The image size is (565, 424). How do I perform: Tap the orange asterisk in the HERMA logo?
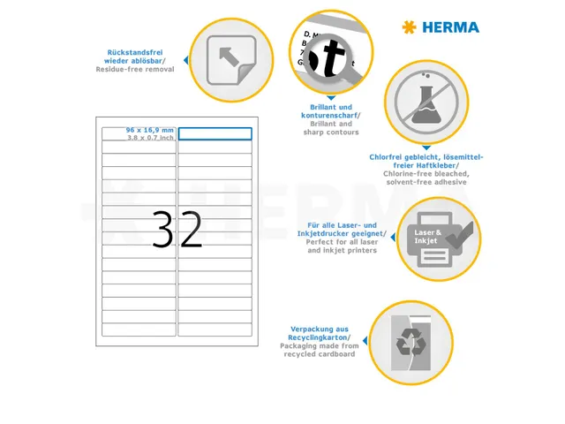point(409,27)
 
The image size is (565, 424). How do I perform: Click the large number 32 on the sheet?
point(177,230)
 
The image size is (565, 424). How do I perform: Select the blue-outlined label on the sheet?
point(215,133)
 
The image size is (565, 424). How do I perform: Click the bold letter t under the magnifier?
point(333,59)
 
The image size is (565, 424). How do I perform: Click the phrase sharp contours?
point(329,132)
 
